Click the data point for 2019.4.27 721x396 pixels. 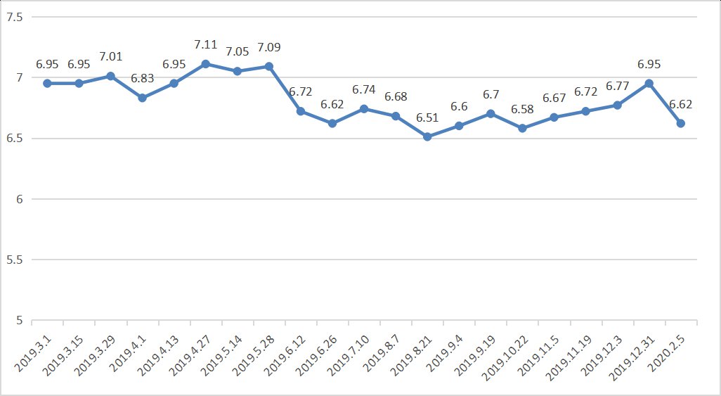click(x=205, y=64)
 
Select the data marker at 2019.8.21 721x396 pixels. click(x=427, y=136)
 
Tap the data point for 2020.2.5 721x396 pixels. click(x=680, y=123)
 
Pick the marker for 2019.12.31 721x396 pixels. click(x=649, y=83)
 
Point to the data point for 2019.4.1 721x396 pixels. click(x=142, y=98)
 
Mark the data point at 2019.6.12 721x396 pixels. click(x=301, y=111)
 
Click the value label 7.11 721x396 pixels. click(x=205, y=45)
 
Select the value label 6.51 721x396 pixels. click(x=427, y=117)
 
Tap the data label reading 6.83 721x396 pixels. click(x=142, y=79)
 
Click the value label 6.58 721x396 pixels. click(x=522, y=109)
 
